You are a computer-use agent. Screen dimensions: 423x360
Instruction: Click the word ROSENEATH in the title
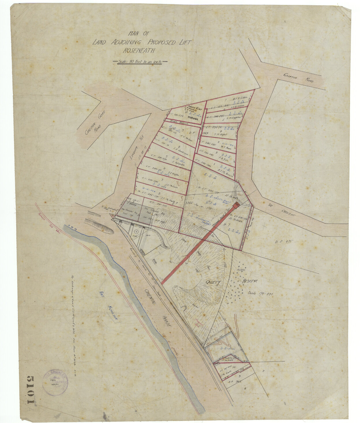139,51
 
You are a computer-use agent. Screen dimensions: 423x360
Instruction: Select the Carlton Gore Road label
95,122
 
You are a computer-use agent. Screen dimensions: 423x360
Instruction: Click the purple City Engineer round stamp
55,382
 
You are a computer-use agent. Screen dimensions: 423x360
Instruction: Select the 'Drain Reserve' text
179,122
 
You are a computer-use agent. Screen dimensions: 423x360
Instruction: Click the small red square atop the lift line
237,204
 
